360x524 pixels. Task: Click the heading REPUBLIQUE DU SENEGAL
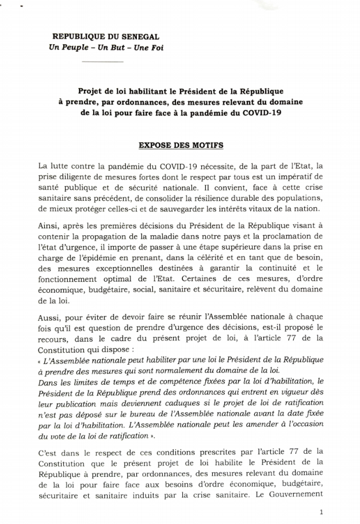(106, 37)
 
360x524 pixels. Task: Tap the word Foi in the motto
(156, 48)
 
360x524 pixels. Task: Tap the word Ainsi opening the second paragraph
(47, 225)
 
